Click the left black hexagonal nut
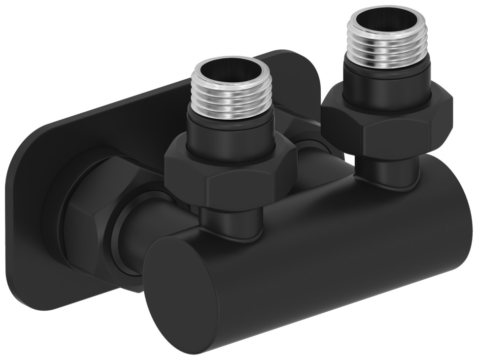point(231,175)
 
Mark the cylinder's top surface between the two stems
point(315,197)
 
